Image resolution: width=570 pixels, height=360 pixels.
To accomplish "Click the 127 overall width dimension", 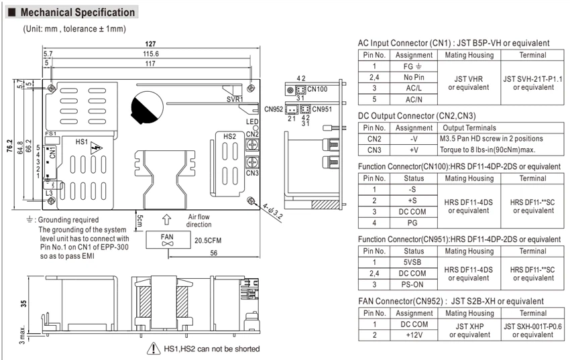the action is click(x=150, y=44).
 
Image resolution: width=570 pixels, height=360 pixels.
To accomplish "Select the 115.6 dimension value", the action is click(x=150, y=54).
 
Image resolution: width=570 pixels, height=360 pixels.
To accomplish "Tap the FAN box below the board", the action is click(x=168, y=240).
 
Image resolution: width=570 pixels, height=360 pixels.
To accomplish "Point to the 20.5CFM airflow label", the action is click(x=208, y=241).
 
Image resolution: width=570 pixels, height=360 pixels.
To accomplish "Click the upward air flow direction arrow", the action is click(x=166, y=220).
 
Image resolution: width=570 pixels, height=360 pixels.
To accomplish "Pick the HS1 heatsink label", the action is click(x=82, y=141).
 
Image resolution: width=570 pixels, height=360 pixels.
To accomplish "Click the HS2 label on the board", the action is click(x=229, y=137).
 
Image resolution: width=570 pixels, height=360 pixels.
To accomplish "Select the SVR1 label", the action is click(x=235, y=99).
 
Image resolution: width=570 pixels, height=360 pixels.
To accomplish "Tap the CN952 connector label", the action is click(x=274, y=109).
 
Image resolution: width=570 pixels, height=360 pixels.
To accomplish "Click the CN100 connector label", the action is click(x=317, y=89).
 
